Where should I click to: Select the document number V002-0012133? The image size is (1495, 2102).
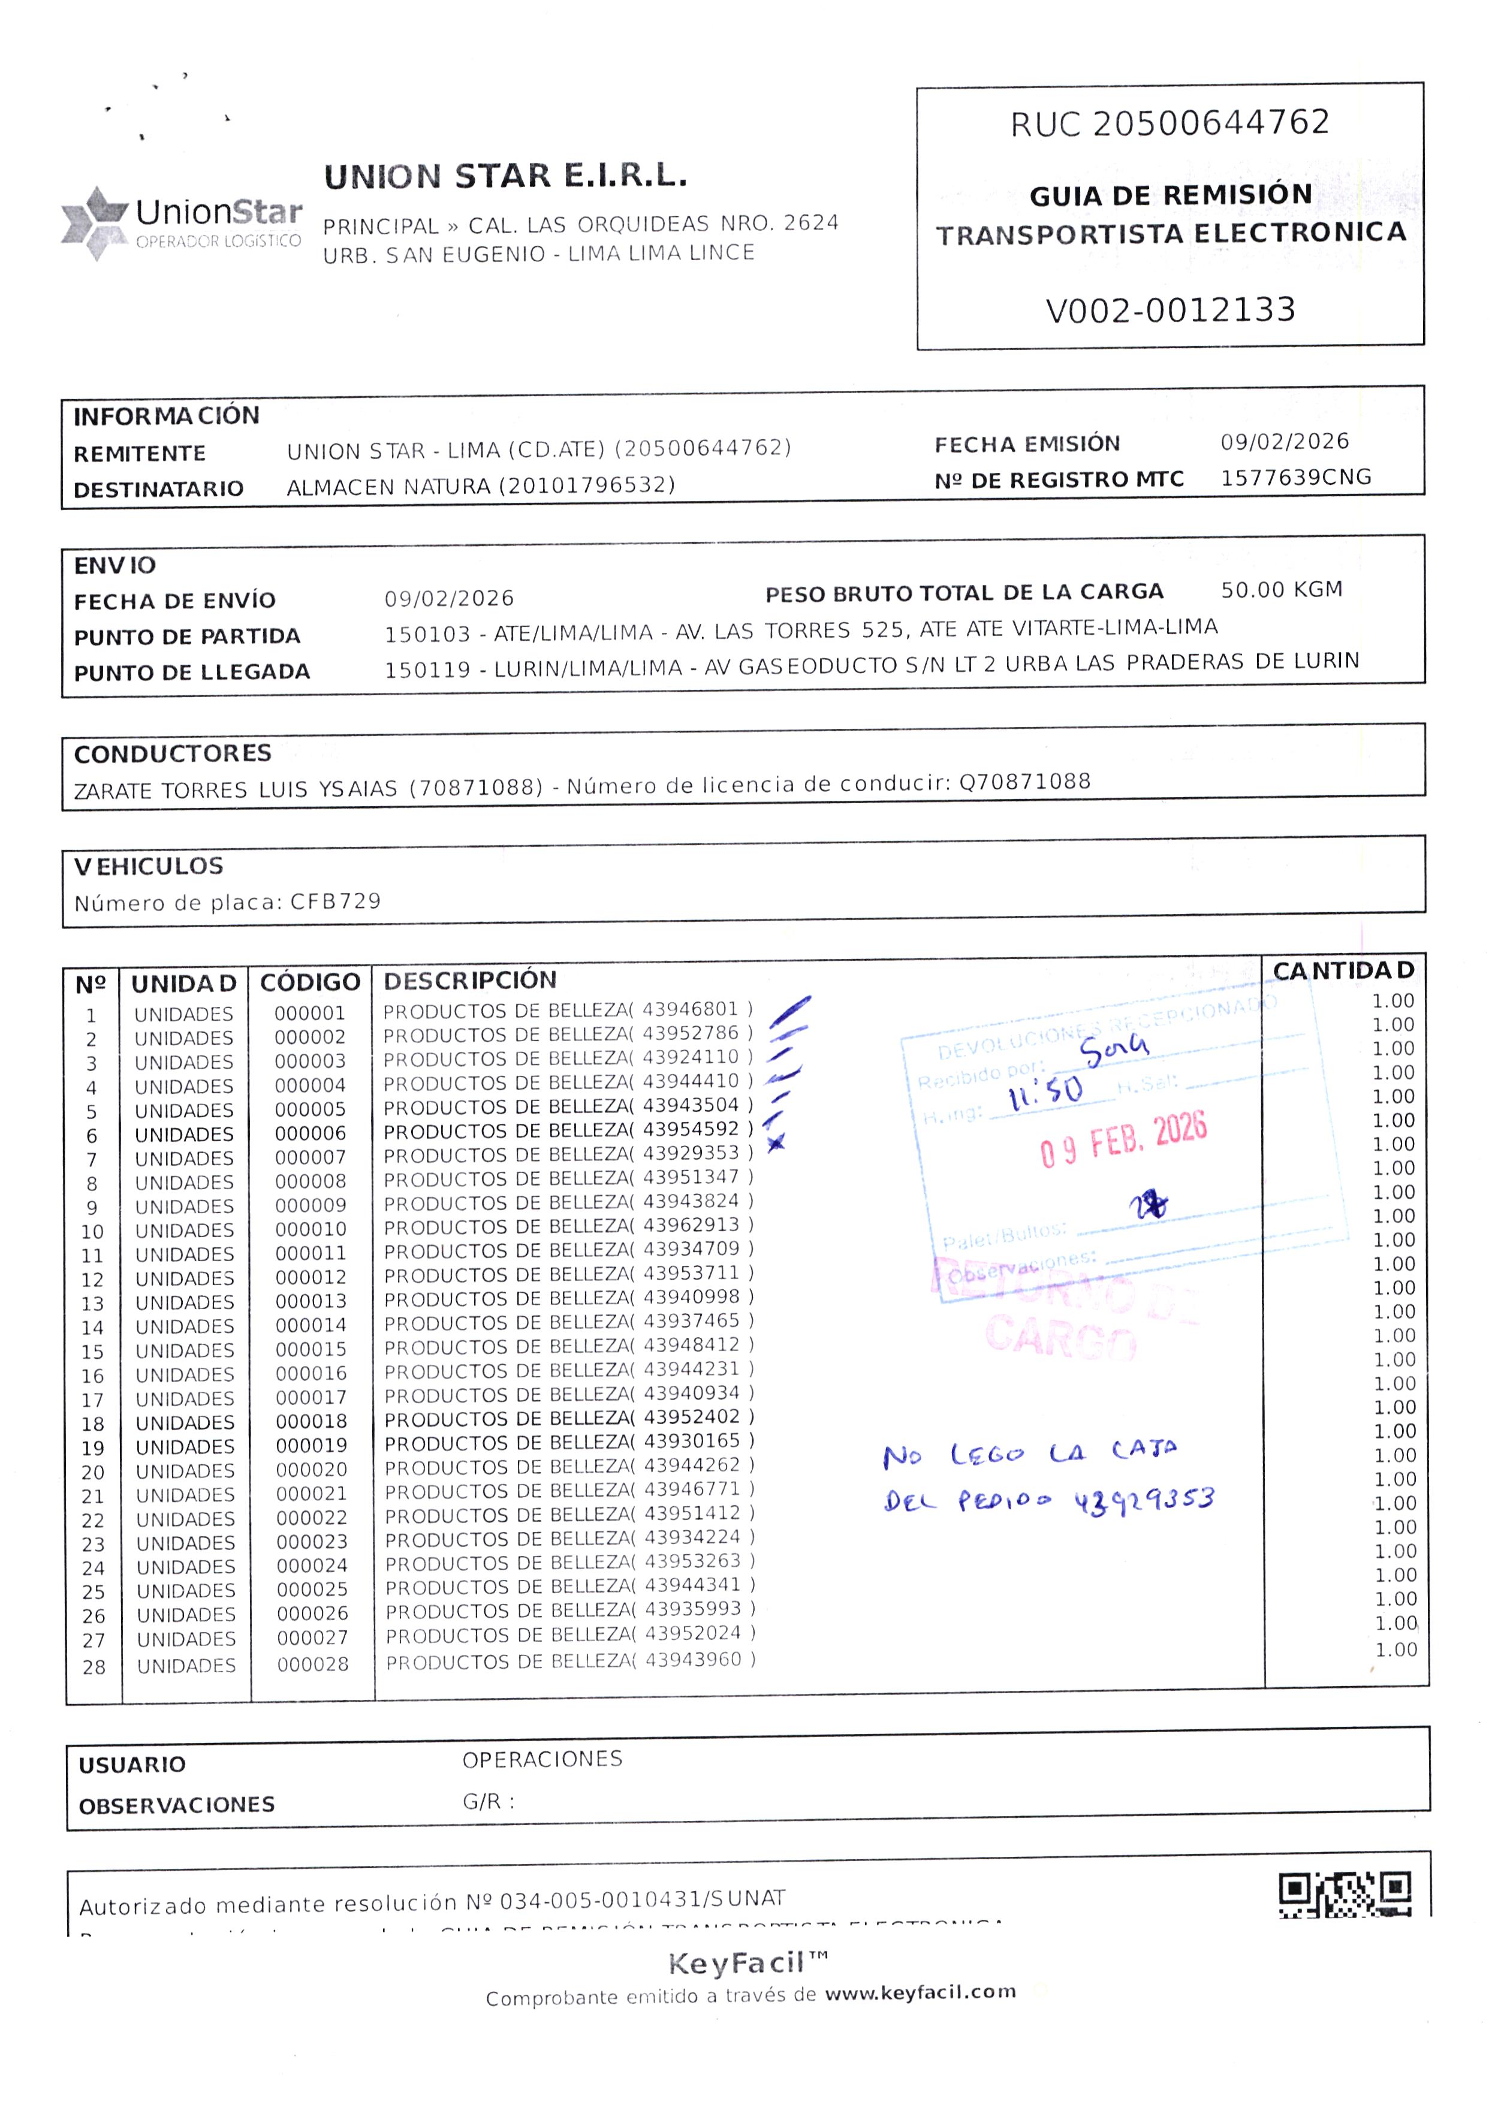pos(1170,310)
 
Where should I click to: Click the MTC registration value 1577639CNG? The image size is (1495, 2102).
pos(1295,477)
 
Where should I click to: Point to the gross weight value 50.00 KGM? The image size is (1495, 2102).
pos(1282,590)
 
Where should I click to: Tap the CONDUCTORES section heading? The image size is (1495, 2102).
pos(173,754)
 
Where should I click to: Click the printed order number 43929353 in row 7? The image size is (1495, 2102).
pos(691,1153)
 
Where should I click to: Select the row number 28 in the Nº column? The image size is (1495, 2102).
pos(94,1667)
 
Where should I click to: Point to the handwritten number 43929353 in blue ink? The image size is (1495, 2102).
pos(1144,1502)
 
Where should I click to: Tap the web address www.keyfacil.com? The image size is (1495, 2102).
pos(921,1992)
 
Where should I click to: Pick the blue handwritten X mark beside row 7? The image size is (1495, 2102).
pos(776,1143)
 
